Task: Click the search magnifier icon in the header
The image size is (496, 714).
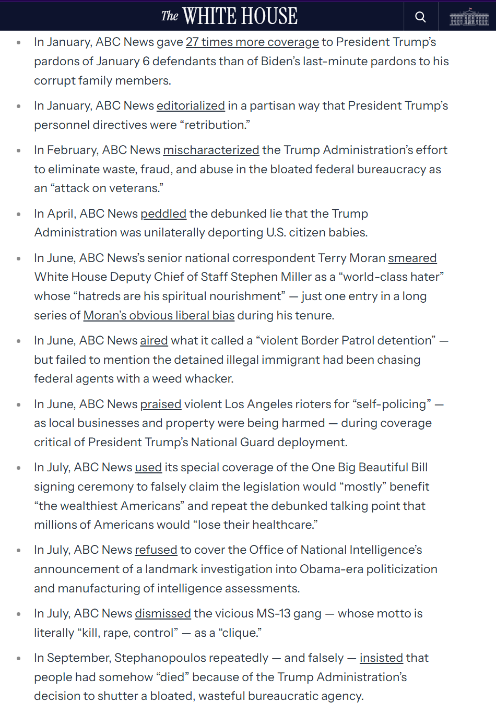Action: click(420, 17)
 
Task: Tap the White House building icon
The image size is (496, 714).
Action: click(469, 17)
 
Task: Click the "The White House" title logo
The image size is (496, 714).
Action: click(229, 16)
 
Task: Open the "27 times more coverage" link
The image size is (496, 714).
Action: click(252, 42)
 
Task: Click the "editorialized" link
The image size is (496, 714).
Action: click(191, 106)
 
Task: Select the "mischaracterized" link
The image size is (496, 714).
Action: click(211, 150)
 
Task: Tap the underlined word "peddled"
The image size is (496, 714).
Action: click(163, 214)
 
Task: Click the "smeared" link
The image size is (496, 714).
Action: click(412, 258)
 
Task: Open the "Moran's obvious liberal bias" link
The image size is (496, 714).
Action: click(159, 316)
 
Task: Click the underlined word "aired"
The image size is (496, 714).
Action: click(154, 341)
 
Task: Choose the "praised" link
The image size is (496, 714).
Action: click(161, 404)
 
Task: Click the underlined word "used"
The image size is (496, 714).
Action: click(148, 468)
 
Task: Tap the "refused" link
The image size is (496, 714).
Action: click(156, 550)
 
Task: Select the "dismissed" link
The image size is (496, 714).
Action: click(163, 614)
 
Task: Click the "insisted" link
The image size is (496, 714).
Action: click(381, 658)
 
